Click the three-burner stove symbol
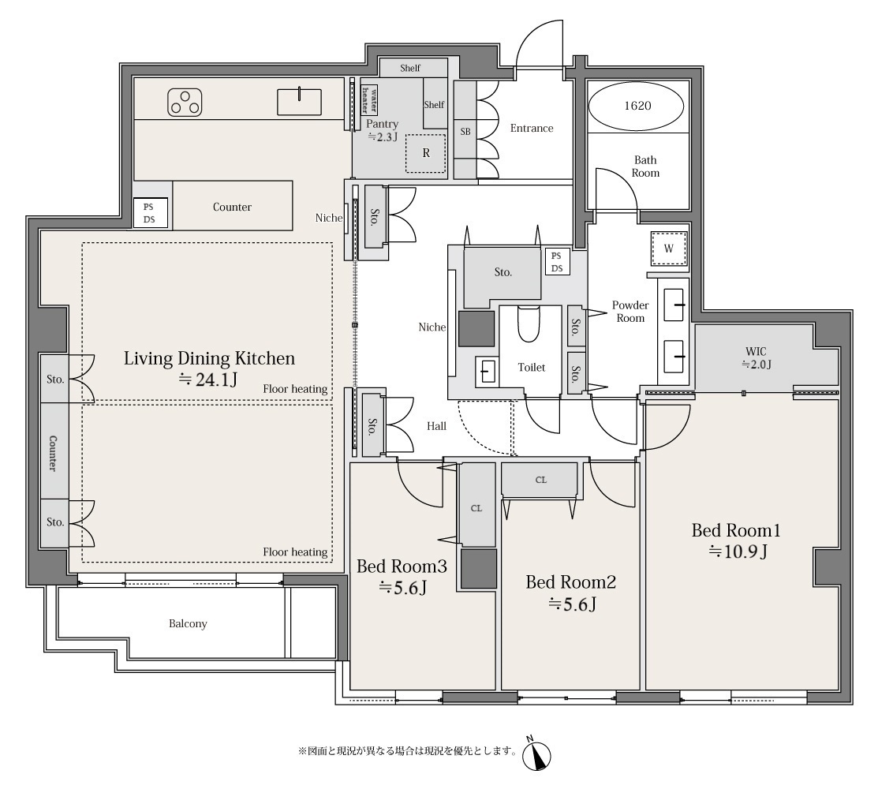pyautogui.click(x=185, y=103)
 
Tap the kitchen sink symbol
pyautogui.click(x=300, y=102)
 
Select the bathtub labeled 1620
pyautogui.click(x=637, y=106)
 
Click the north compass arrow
pyautogui.click(x=536, y=755)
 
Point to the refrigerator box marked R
pyautogui.click(x=425, y=153)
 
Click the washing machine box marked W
pyautogui.click(x=669, y=248)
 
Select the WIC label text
pyautogui.click(x=756, y=352)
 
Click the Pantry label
pyautogui.click(x=382, y=124)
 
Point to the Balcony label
pyautogui.click(x=188, y=623)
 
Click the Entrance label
pyautogui.click(x=532, y=129)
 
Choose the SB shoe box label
pyautogui.click(x=465, y=132)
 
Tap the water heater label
pyautogui.click(x=369, y=99)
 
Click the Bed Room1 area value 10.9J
pyautogui.click(x=738, y=552)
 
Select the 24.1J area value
pyautogui.click(x=208, y=380)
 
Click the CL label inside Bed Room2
pyautogui.click(x=541, y=480)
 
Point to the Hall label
pyautogui.click(x=436, y=426)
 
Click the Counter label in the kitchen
pyautogui.click(x=232, y=207)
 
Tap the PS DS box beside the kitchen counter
pyautogui.click(x=149, y=213)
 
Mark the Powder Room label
pyautogui.click(x=630, y=312)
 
